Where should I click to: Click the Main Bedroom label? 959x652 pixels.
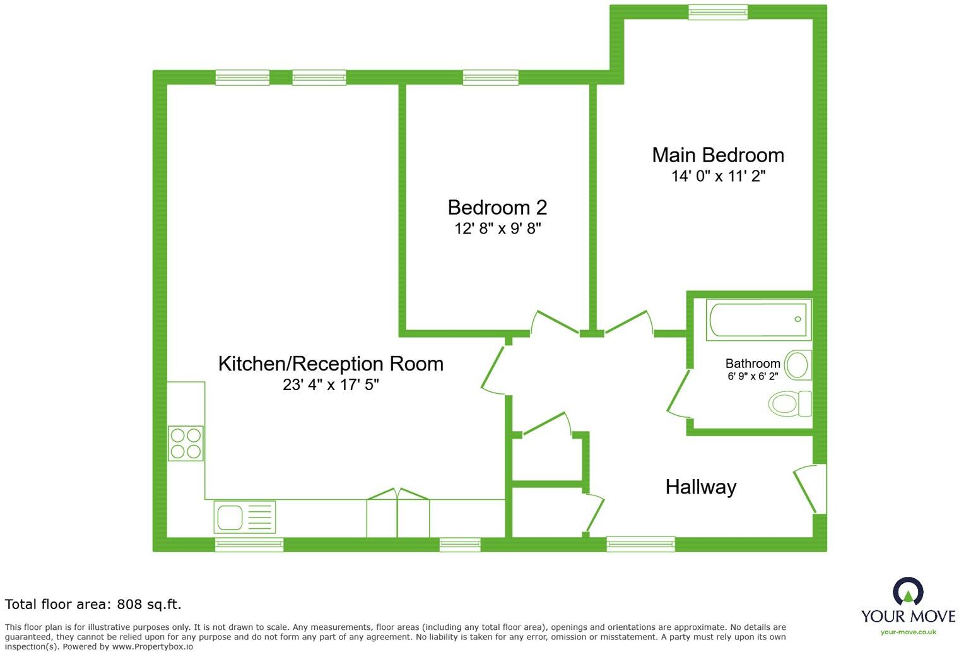(718, 155)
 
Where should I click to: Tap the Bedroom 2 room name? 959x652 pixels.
(497, 207)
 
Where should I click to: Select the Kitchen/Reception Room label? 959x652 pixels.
(331, 364)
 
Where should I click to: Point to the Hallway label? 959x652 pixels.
(701, 487)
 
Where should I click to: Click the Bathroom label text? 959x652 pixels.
(753, 364)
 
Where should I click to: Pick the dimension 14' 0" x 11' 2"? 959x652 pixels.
(718, 176)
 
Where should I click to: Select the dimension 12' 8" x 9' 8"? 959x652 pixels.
(497, 228)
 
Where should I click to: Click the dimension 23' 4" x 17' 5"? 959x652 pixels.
(331, 384)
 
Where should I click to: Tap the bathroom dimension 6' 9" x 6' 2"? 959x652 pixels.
(753, 376)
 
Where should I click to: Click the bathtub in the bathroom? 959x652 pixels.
(758, 320)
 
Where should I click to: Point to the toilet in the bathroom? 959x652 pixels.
(790, 403)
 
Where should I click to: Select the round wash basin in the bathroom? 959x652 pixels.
(798, 365)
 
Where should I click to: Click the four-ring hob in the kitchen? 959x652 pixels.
(185, 443)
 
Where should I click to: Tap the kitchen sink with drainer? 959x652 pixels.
(245, 517)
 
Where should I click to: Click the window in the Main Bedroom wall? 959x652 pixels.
(717, 12)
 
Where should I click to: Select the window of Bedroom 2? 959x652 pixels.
(490, 78)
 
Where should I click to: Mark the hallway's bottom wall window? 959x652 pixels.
(640, 543)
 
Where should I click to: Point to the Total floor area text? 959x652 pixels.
(93, 604)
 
